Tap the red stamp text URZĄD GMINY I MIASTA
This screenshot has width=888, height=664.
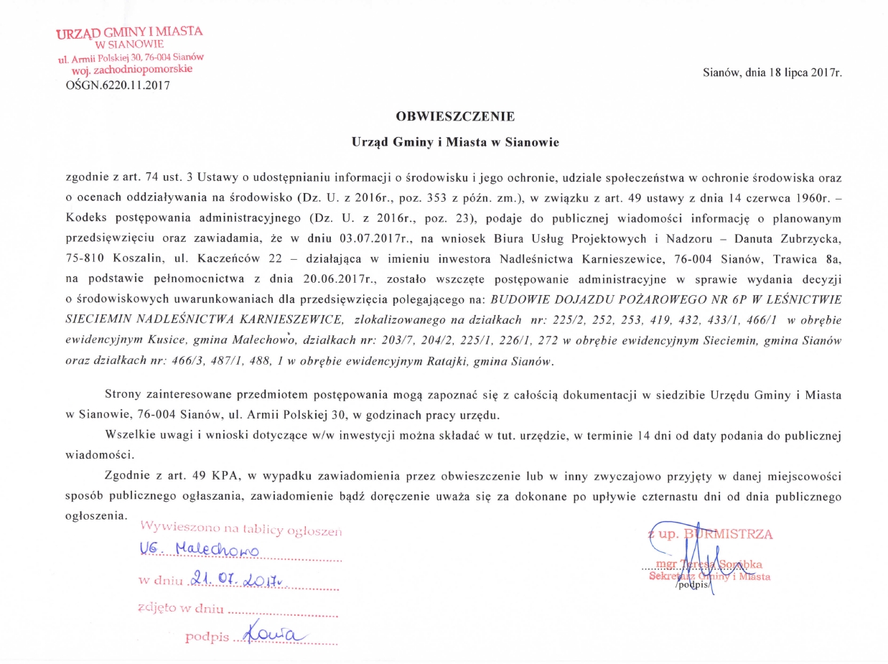click(130, 32)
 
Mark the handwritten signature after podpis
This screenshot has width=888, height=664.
click(274, 634)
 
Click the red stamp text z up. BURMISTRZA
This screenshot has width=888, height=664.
click(709, 534)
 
